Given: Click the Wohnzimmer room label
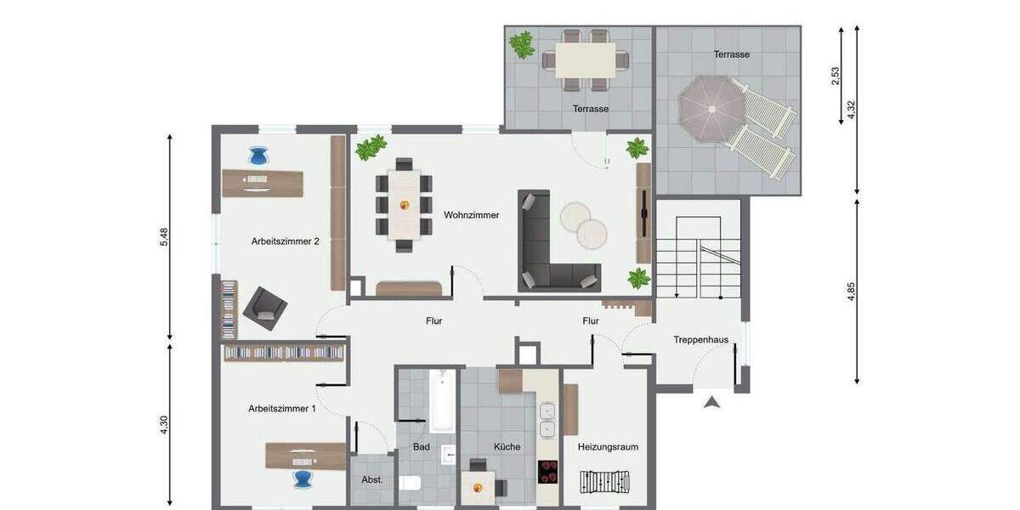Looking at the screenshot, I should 471,215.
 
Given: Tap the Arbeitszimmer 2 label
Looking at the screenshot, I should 285,241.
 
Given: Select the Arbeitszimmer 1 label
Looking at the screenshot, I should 282,408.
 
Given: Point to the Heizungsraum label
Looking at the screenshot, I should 608,446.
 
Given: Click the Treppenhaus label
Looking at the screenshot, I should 701,339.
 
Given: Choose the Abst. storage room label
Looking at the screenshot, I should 372,479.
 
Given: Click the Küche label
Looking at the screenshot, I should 507,446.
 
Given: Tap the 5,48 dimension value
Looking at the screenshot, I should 165,238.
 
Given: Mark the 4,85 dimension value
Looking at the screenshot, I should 851,292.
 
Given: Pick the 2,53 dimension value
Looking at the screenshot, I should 836,76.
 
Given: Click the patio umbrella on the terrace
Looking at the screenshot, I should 711,108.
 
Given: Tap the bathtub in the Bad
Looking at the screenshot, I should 440,400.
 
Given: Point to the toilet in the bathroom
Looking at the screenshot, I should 411,484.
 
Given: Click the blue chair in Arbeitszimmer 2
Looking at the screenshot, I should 259,156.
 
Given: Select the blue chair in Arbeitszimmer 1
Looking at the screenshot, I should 303,479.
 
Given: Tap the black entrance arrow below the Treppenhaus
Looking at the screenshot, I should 712,402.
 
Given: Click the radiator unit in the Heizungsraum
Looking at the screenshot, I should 607,482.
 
